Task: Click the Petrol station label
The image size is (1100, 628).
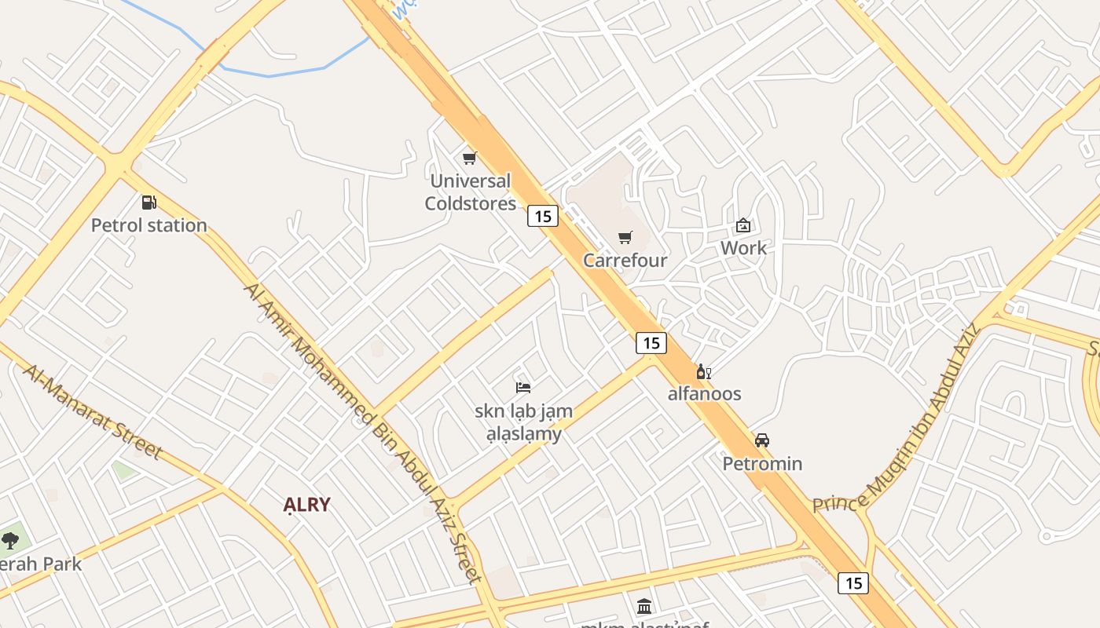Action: (149, 225)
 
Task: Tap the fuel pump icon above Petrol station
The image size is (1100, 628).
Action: (148, 203)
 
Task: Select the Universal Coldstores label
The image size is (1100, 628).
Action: (470, 192)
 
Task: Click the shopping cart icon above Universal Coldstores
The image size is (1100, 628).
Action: (470, 159)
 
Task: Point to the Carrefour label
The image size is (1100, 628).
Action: (625, 260)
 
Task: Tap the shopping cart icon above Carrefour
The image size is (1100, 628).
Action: (625, 237)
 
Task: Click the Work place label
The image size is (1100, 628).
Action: (743, 248)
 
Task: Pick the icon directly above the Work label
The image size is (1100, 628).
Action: (743, 226)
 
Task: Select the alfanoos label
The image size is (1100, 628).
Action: (704, 393)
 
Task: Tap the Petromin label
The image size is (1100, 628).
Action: (762, 463)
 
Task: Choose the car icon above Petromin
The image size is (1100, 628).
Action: (762, 440)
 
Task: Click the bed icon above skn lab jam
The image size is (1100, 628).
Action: (523, 387)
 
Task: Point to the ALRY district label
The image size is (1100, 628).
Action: (306, 505)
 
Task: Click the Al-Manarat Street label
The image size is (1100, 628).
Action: (93, 412)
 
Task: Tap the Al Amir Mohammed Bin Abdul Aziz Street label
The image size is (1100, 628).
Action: (361, 432)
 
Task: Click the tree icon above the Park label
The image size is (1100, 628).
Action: (9, 540)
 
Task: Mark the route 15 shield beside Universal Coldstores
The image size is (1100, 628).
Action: (543, 215)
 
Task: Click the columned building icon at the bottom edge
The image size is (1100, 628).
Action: (644, 605)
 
